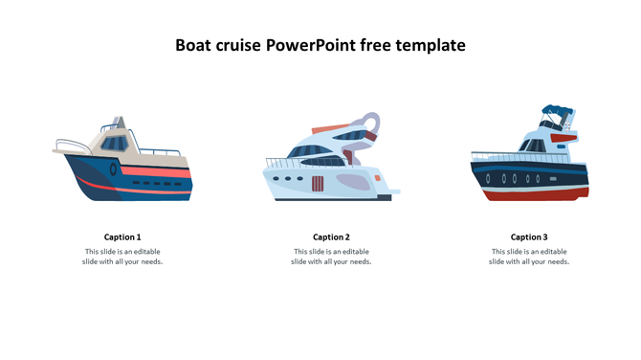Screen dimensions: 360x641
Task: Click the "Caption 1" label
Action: tap(122, 236)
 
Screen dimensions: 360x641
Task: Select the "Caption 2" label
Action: tap(331, 236)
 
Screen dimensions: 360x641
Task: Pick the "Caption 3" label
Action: tap(529, 236)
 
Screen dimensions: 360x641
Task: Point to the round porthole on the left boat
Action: tap(113, 169)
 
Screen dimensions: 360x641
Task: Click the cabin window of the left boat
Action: tap(114, 146)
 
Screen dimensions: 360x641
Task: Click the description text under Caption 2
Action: tap(331, 257)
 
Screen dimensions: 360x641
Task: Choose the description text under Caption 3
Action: tap(529, 257)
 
